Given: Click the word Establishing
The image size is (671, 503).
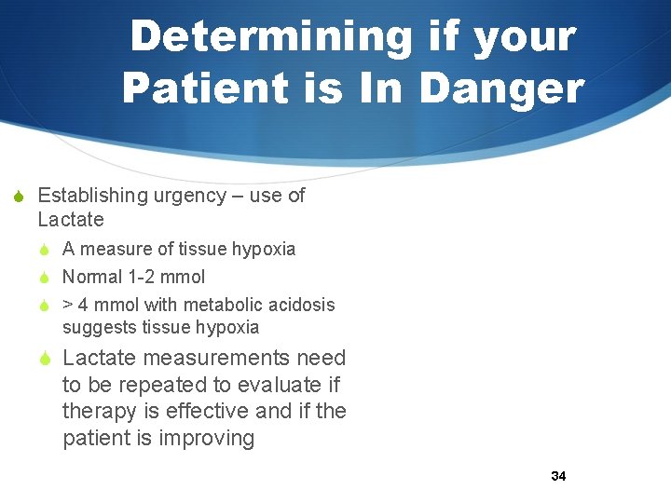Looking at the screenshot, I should [x=91, y=196].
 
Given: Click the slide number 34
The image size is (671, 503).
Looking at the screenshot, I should [x=558, y=476].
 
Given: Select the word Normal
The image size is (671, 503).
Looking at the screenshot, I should [x=92, y=277].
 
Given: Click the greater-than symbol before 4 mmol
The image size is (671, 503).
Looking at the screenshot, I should [x=68, y=305].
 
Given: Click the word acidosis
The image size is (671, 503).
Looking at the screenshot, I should [x=299, y=305].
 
